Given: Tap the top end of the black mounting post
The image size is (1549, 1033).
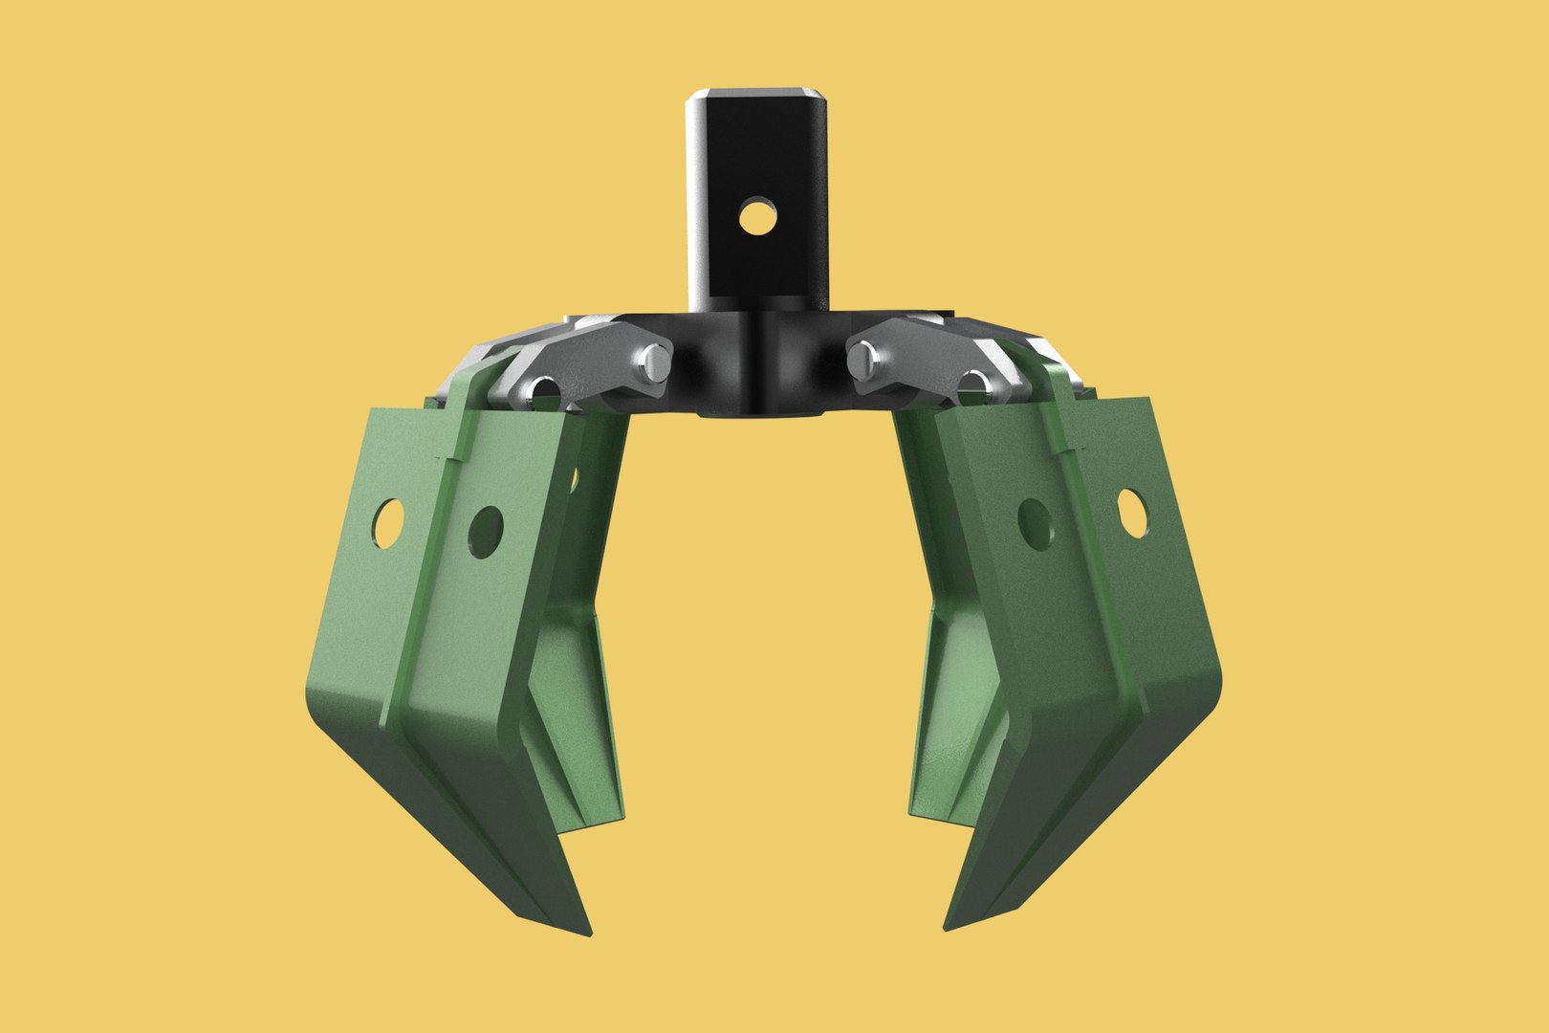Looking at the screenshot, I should pyautogui.click(x=755, y=95).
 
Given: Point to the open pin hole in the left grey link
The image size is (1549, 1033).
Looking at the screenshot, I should pyautogui.click(x=546, y=389).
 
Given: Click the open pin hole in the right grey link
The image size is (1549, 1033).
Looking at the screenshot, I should pyautogui.click(x=972, y=385).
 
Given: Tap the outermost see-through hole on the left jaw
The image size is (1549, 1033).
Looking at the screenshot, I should pyautogui.click(x=388, y=522).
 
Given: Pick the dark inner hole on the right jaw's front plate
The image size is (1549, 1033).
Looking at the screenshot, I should pyautogui.click(x=1035, y=522).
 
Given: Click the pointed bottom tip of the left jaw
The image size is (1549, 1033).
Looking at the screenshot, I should pyautogui.click(x=585, y=933).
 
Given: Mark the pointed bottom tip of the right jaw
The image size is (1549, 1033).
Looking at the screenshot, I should pyautogui.click(x=948, y=926).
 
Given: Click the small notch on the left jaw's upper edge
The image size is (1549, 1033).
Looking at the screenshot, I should pyautogui.click(x=446, y=458).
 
